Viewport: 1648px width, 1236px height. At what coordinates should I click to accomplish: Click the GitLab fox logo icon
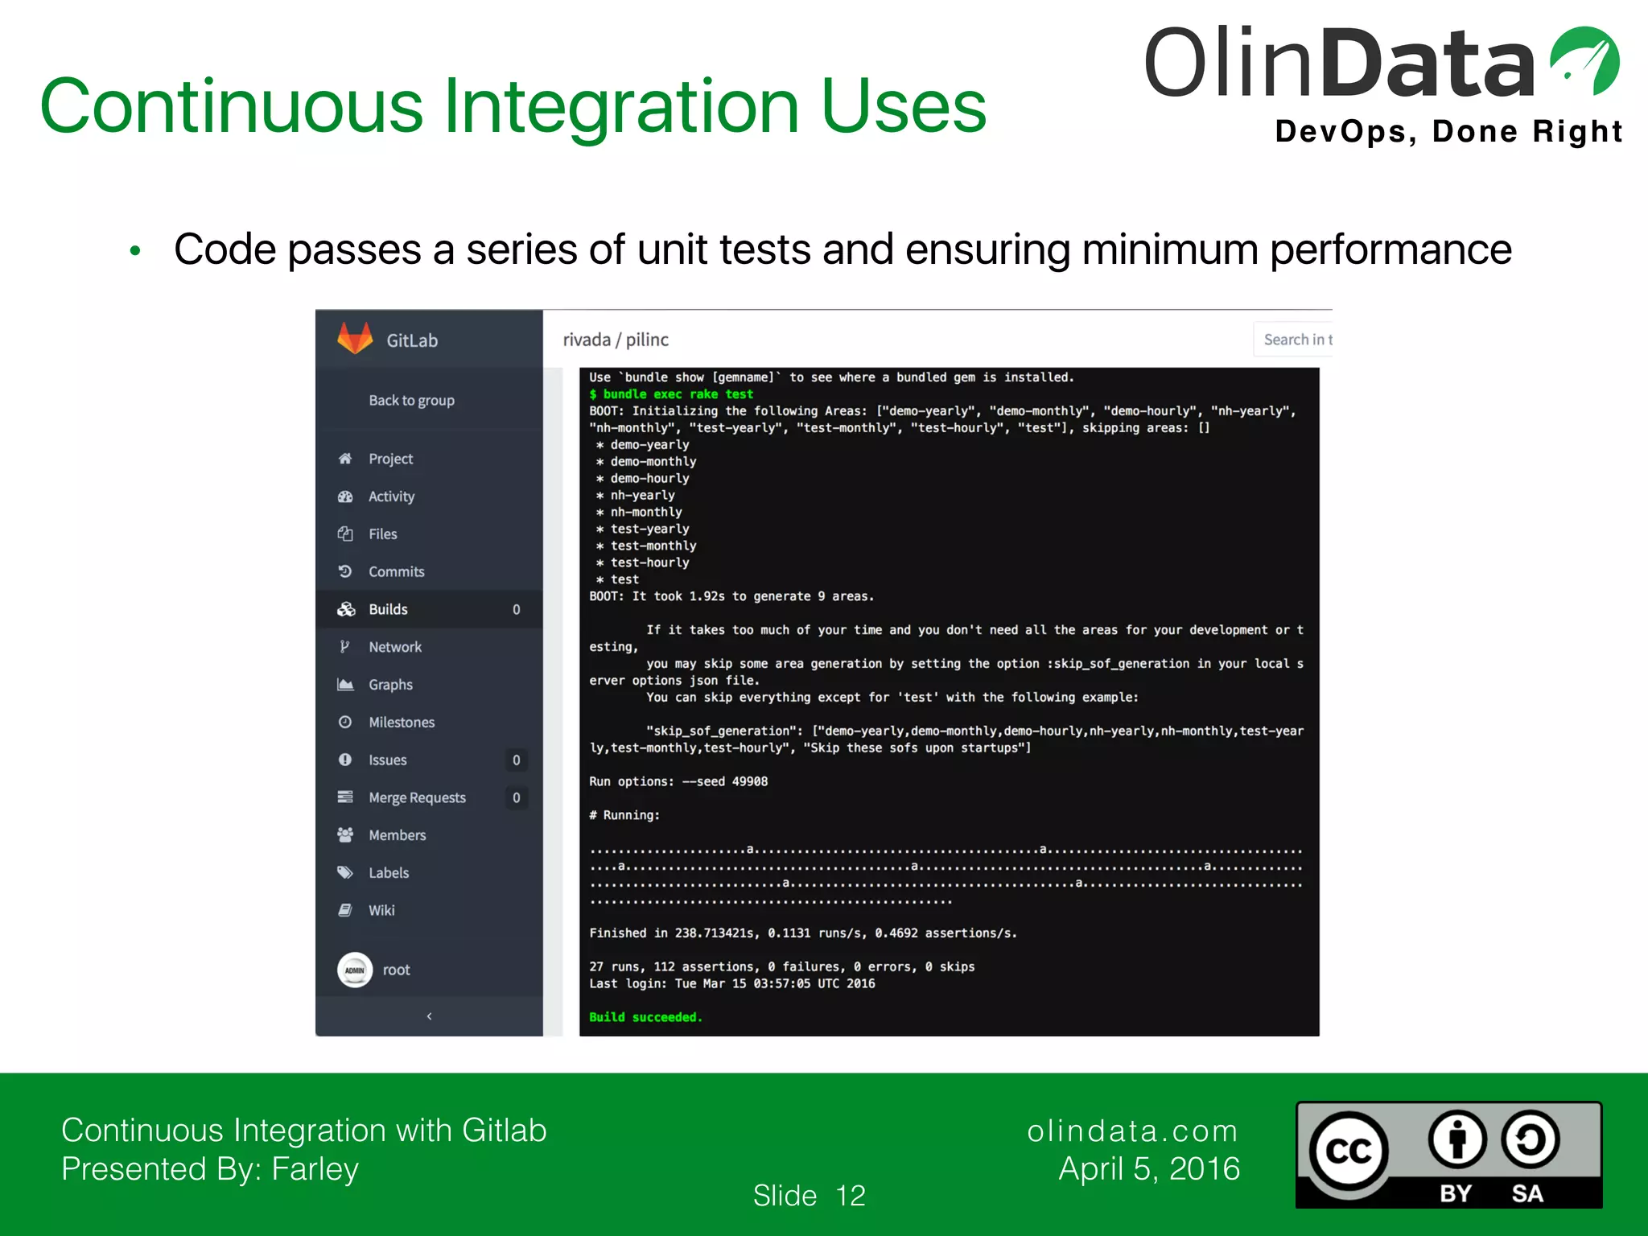[x=355, y=339]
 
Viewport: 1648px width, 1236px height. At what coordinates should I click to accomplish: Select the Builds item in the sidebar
[x=388, y=609]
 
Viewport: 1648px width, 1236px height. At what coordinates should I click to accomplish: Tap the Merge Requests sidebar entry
[x=417, y=797]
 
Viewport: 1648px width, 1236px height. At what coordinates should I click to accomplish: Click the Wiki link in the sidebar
[x=381, y=910]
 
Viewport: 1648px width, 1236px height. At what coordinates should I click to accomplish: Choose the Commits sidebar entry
[x=396, y=571]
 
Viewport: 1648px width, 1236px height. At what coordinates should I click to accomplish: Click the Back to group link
[x=411, y=400]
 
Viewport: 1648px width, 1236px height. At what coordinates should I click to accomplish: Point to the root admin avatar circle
[x=354, y=970]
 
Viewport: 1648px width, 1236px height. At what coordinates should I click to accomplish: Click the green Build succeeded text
[x=645, y=1017]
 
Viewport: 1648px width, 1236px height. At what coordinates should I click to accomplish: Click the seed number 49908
[x=750, y=781]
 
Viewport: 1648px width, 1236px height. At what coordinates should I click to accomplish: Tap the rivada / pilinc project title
[x=616, y=340]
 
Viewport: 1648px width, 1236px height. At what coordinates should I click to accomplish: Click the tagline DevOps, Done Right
[x=1448, y=131]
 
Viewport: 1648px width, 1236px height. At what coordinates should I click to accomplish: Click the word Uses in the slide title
[x=903, y=106]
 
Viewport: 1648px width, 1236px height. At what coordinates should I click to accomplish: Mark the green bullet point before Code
[x=135, y=251]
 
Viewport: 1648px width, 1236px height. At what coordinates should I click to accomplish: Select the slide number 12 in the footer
[x=851, y=1195]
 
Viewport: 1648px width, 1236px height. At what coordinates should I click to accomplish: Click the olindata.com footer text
[x=1132, y=1131]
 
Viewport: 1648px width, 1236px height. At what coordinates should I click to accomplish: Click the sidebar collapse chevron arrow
[x=429, y=1016]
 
